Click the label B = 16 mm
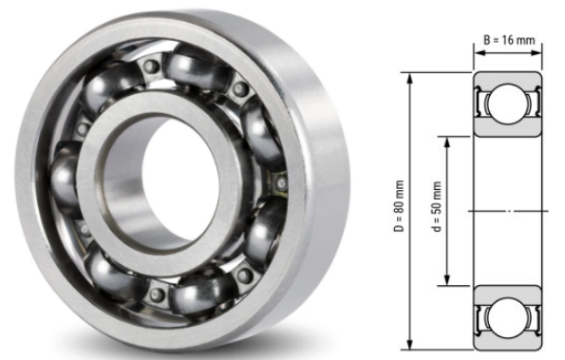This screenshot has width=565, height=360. (509, 42)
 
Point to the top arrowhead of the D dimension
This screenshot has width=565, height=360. (410, 76)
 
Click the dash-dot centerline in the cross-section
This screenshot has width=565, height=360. (509, 209)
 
